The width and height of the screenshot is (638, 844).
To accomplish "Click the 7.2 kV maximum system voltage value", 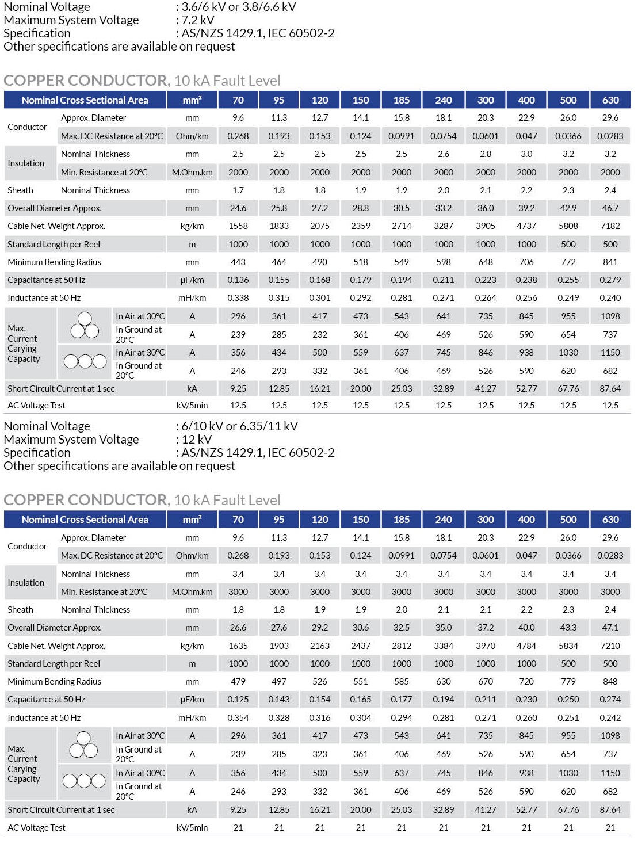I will pos(198,20).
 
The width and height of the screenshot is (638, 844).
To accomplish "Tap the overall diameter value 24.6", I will pos(238,208).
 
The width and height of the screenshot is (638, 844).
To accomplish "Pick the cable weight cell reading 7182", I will pos(610,226).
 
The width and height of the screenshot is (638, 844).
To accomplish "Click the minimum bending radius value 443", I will pos(238,262).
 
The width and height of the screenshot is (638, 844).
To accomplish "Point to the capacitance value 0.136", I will pos(238,280).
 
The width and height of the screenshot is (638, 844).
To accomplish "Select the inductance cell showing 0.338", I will pos(238,298).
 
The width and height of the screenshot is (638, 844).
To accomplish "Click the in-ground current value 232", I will pos(320,335).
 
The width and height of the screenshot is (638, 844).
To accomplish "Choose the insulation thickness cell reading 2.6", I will pos(443,154).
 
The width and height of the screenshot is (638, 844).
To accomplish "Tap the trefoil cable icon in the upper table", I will pos(85,326).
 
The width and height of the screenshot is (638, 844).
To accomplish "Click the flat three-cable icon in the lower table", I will pos(84,781).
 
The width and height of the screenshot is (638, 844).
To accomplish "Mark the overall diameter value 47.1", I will pos(610,628).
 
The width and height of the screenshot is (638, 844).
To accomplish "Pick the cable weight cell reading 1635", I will pos(238,646).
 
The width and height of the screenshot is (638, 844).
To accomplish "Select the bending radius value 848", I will pos(610,682).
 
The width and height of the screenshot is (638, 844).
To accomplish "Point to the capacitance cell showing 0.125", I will pos(238,700).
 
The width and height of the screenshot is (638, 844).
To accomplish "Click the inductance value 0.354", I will pos(238,718).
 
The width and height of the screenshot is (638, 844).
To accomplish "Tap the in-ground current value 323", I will pos(320,754).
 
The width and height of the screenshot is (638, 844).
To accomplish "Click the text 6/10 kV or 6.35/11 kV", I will pos(240,426).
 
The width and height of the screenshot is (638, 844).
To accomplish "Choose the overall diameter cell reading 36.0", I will pos(485,208).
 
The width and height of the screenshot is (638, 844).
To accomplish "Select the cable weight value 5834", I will pos(568,646).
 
